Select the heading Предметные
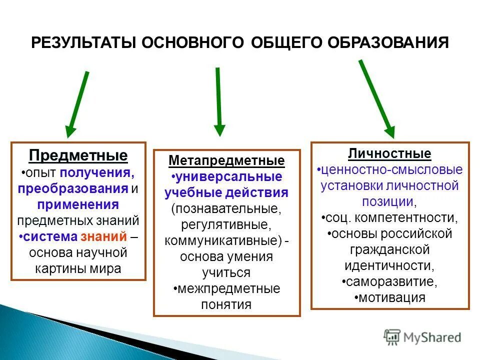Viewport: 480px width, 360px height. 78,155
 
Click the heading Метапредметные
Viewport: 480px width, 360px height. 226,161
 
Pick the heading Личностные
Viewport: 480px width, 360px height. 389,153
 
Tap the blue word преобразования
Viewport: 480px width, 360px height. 72,189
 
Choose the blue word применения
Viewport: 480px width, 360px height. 77,204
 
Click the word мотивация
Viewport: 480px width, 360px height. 391,298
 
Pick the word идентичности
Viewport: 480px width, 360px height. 389,265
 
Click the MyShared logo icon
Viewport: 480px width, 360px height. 392,337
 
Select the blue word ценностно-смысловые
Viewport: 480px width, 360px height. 391,170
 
